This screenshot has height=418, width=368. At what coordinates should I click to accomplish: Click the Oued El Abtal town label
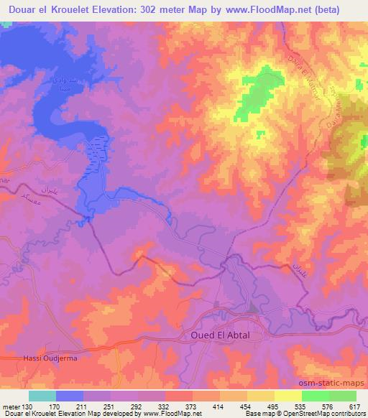tap(224, 335)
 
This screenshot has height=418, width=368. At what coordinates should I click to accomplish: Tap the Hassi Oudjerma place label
tap(38, 358)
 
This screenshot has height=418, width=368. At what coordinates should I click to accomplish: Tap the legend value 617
tap(354, 407)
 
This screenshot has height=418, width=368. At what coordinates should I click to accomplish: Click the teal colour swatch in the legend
tap(42, 396)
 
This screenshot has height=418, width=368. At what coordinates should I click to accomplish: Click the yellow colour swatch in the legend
tap(288, 396)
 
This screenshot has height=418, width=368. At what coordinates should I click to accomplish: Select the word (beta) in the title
tap(340, 9)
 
